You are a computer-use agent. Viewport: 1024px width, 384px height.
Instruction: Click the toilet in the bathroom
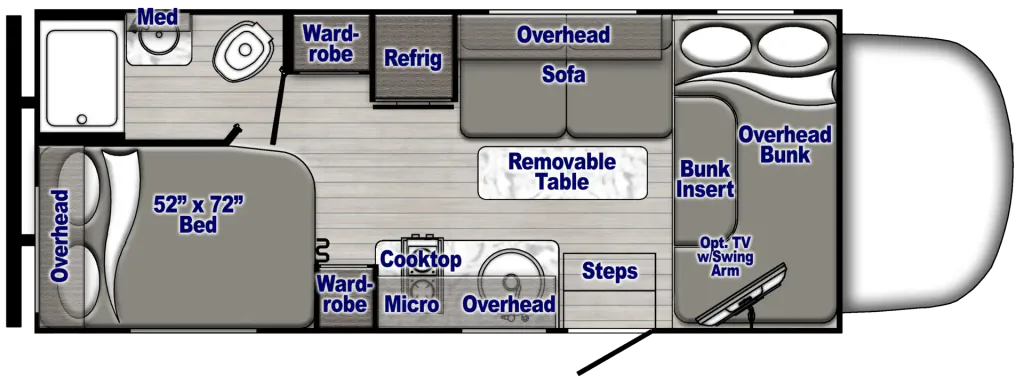pyautogui.click(x=243, y=48)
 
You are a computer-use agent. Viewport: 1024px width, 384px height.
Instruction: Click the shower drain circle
pyautogui.click(x=82, y=120)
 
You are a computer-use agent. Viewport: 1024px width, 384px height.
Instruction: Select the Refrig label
pyautogui.click(x=412, y=58)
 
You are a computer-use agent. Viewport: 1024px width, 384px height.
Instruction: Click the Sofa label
pyautogui.click(x=564, y=75)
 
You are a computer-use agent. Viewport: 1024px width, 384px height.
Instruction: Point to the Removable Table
pyautogui.click(x=562, y=172)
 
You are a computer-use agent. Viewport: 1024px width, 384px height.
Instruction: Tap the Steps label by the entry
pyautogui.click(x=610, y=270)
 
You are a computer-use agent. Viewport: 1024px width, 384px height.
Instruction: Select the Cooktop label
pyautogui.click(x=421, y=259)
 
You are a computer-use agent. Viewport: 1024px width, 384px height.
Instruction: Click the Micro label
pyautogui.click(x=411, y=304)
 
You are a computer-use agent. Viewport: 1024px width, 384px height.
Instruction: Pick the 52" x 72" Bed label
pyautogui.click(x=198, y=214)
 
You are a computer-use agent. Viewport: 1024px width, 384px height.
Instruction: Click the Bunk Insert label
pyautogui.click(x=705, y=178)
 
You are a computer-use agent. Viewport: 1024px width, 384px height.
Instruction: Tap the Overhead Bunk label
pyautogui.click(x=785, y=144)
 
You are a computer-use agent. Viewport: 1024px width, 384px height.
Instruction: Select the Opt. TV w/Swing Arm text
pyautogui.click(x=725, y=256)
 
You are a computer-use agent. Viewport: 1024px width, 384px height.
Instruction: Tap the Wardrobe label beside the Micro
pyautogui.click(x=344, y=294)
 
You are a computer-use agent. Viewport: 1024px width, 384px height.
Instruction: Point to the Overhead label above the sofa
pyautogui.click(x=563, y=34)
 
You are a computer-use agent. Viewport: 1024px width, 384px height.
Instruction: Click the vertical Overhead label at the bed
pyautogui.click(x=59, y=236)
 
